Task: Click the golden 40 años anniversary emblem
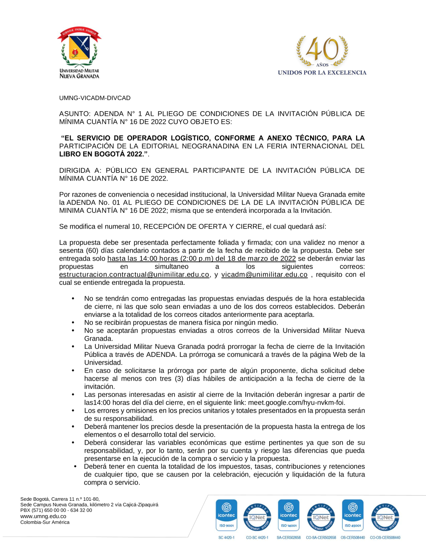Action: (322, 51)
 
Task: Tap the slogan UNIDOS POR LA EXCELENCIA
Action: (322, 73)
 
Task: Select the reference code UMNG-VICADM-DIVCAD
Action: (95, 98)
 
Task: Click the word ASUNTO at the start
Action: (75, 114)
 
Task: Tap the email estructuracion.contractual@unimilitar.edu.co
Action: (134, 275)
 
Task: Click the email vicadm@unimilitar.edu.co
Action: (264, 275)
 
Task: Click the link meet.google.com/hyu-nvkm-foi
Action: (296, 402)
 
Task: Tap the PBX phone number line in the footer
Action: (56, 510)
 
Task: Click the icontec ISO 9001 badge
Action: (227, 515)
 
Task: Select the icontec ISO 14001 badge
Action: (289, 515)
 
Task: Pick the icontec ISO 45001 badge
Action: (353, 515)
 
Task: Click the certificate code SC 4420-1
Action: (227, 538)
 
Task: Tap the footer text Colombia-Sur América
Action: (45, 522)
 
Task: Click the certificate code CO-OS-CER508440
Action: (385, 538)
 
